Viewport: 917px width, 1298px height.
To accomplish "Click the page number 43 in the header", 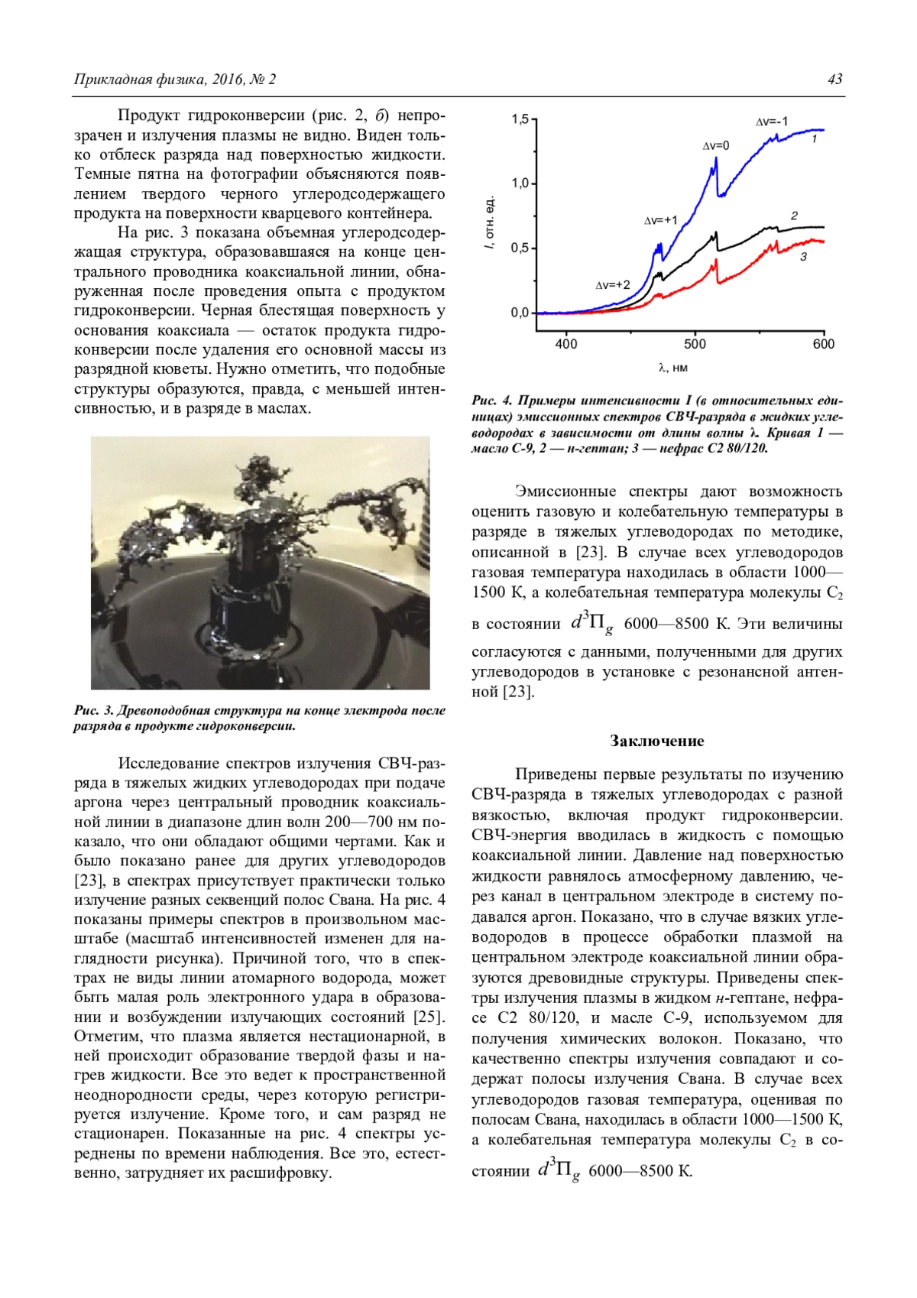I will coord(834,80).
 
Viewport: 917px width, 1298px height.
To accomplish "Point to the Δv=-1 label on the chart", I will coord(771,122).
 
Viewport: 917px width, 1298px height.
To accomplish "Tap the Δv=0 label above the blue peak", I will coord(716,145).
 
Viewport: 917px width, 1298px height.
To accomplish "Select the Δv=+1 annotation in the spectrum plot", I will coord(660,220).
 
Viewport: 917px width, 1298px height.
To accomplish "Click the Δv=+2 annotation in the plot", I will coord(613,285).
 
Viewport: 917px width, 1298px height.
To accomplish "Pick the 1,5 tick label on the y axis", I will coord(520,119).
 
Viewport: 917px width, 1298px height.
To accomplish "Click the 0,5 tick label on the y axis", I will coord(520,248).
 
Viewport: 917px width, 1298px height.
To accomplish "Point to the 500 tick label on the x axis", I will coord(695,345).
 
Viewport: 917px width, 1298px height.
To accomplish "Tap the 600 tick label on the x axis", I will coord(823,345).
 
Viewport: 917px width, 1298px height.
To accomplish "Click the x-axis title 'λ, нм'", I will coord(672,368).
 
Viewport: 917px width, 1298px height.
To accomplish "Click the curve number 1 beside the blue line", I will coord(815,140).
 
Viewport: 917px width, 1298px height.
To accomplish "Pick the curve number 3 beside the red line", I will coord(804,257).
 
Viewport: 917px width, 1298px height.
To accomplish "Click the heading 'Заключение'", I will coord(657,741).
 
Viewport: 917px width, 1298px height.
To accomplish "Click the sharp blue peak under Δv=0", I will coord(716,160).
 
